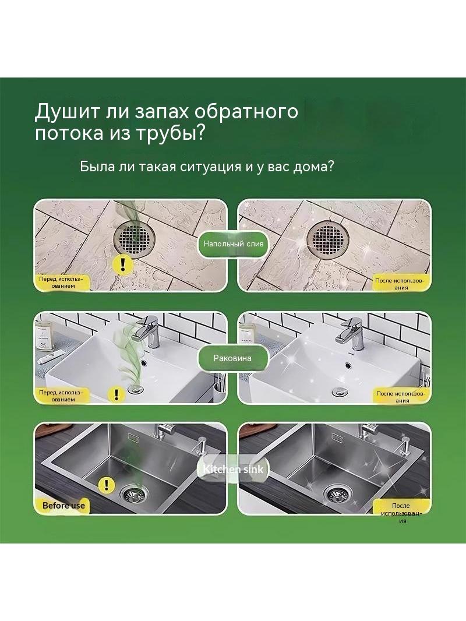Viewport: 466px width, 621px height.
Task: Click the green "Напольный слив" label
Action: point(233,244)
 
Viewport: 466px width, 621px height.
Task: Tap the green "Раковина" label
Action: point(232,358)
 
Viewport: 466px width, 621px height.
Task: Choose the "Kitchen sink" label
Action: point(233,470)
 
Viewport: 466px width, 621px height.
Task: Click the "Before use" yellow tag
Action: point(63,505)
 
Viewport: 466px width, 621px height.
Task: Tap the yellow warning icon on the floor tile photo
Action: point(122,263)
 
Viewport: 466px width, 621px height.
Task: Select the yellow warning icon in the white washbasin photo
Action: point(116,394)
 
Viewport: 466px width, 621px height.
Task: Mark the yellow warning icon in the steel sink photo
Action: point(105,484)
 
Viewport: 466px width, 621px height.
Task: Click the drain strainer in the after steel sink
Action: point(337,493)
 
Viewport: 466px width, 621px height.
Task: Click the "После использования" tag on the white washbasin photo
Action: point(401,397)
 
